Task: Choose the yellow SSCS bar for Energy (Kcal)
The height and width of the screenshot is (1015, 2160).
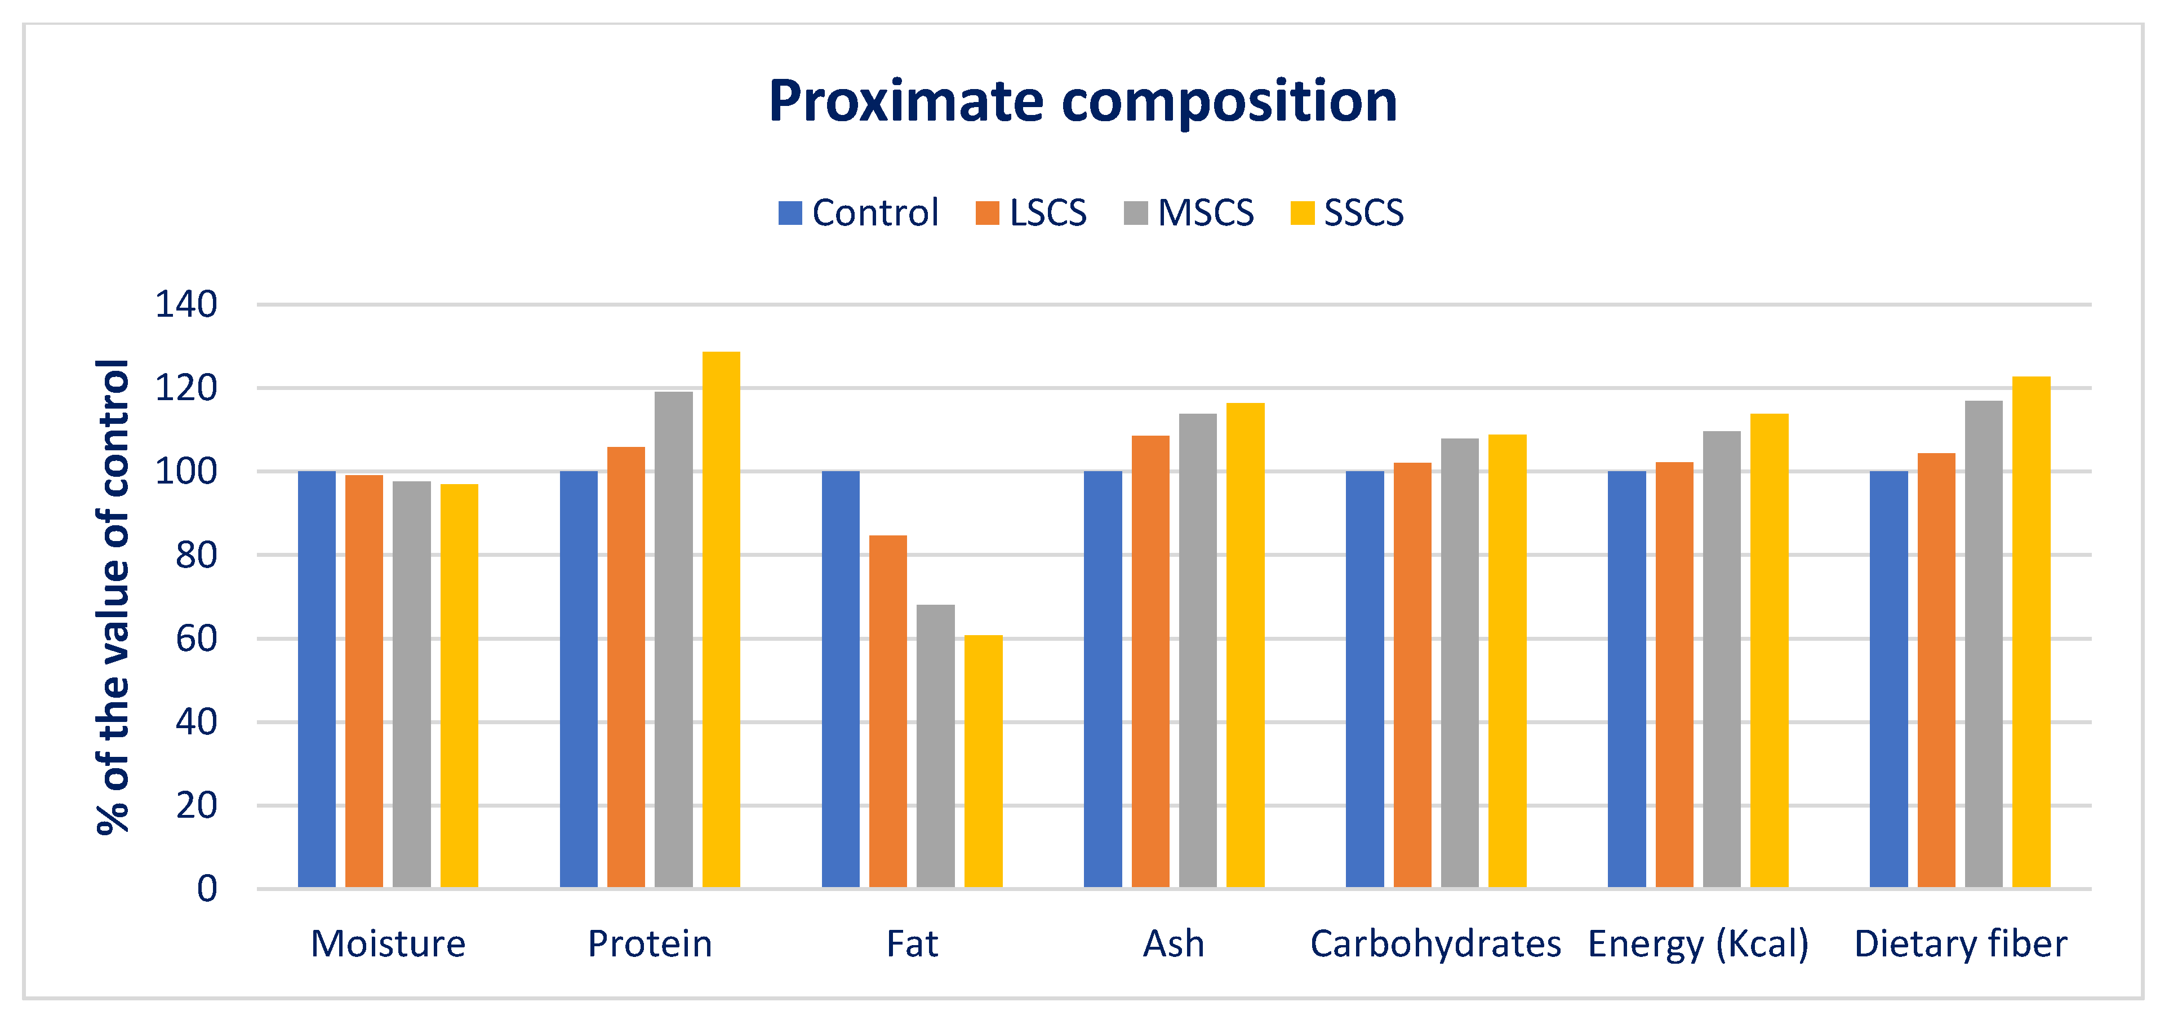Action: [x=1769, y=650]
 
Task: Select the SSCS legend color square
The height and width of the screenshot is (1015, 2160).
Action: [x=1301, y=213]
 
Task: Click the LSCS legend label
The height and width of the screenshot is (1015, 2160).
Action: [x=1047, y=213]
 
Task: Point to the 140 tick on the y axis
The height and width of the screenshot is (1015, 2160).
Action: [x=185, y=304]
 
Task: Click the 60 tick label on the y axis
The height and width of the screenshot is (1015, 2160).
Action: [x=195, y=639]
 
